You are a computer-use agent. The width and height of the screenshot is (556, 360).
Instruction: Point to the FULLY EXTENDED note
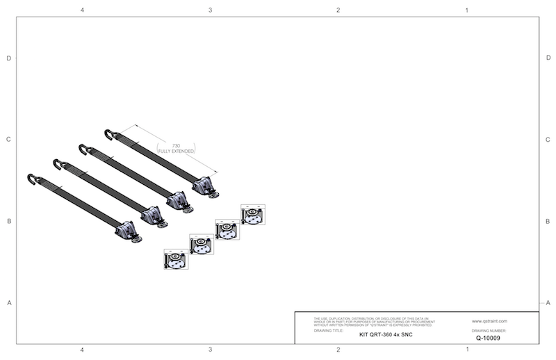coord(177,151)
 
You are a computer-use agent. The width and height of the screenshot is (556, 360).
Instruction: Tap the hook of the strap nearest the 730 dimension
coord(109,133)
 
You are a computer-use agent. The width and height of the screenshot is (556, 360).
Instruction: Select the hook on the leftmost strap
coord(32,179)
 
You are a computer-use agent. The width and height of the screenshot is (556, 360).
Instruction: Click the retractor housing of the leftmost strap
coord(126,231)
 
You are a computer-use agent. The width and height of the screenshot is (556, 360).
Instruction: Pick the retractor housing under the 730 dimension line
coord(202,186)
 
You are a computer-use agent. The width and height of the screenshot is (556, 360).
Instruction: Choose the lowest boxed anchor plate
coord(175,259)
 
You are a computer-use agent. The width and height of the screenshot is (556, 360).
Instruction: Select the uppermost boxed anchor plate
coord(252,215)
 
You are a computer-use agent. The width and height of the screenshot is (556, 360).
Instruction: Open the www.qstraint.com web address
coord(489,321)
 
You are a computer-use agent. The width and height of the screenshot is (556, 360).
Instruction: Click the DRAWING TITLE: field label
coord(329,331)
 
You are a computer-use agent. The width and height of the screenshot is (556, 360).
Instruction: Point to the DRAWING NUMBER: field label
coord(490,331)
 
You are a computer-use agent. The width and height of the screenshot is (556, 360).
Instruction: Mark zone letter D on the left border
coord(8,58)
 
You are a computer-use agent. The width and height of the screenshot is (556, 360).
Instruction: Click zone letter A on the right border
coord(548,302)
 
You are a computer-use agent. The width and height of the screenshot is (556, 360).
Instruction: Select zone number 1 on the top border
coord(466,10)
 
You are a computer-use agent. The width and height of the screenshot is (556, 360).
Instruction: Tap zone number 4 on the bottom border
coord(83,350)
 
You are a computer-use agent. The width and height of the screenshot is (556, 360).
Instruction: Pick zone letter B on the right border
coord(548,222)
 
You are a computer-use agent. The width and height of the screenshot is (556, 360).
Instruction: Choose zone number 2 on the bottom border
coord(338,350)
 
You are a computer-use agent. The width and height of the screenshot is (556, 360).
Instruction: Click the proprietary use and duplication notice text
coord(373,321)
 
